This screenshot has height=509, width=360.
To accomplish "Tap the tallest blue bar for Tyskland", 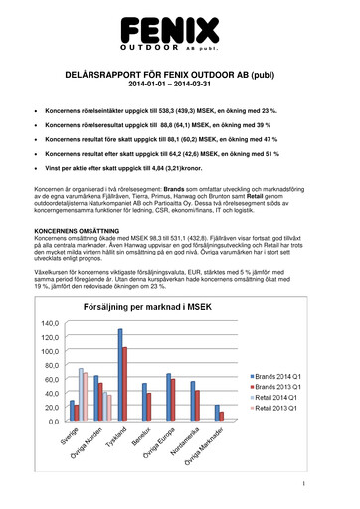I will click(120, 364).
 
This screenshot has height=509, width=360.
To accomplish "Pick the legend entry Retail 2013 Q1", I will click(283, 409).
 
